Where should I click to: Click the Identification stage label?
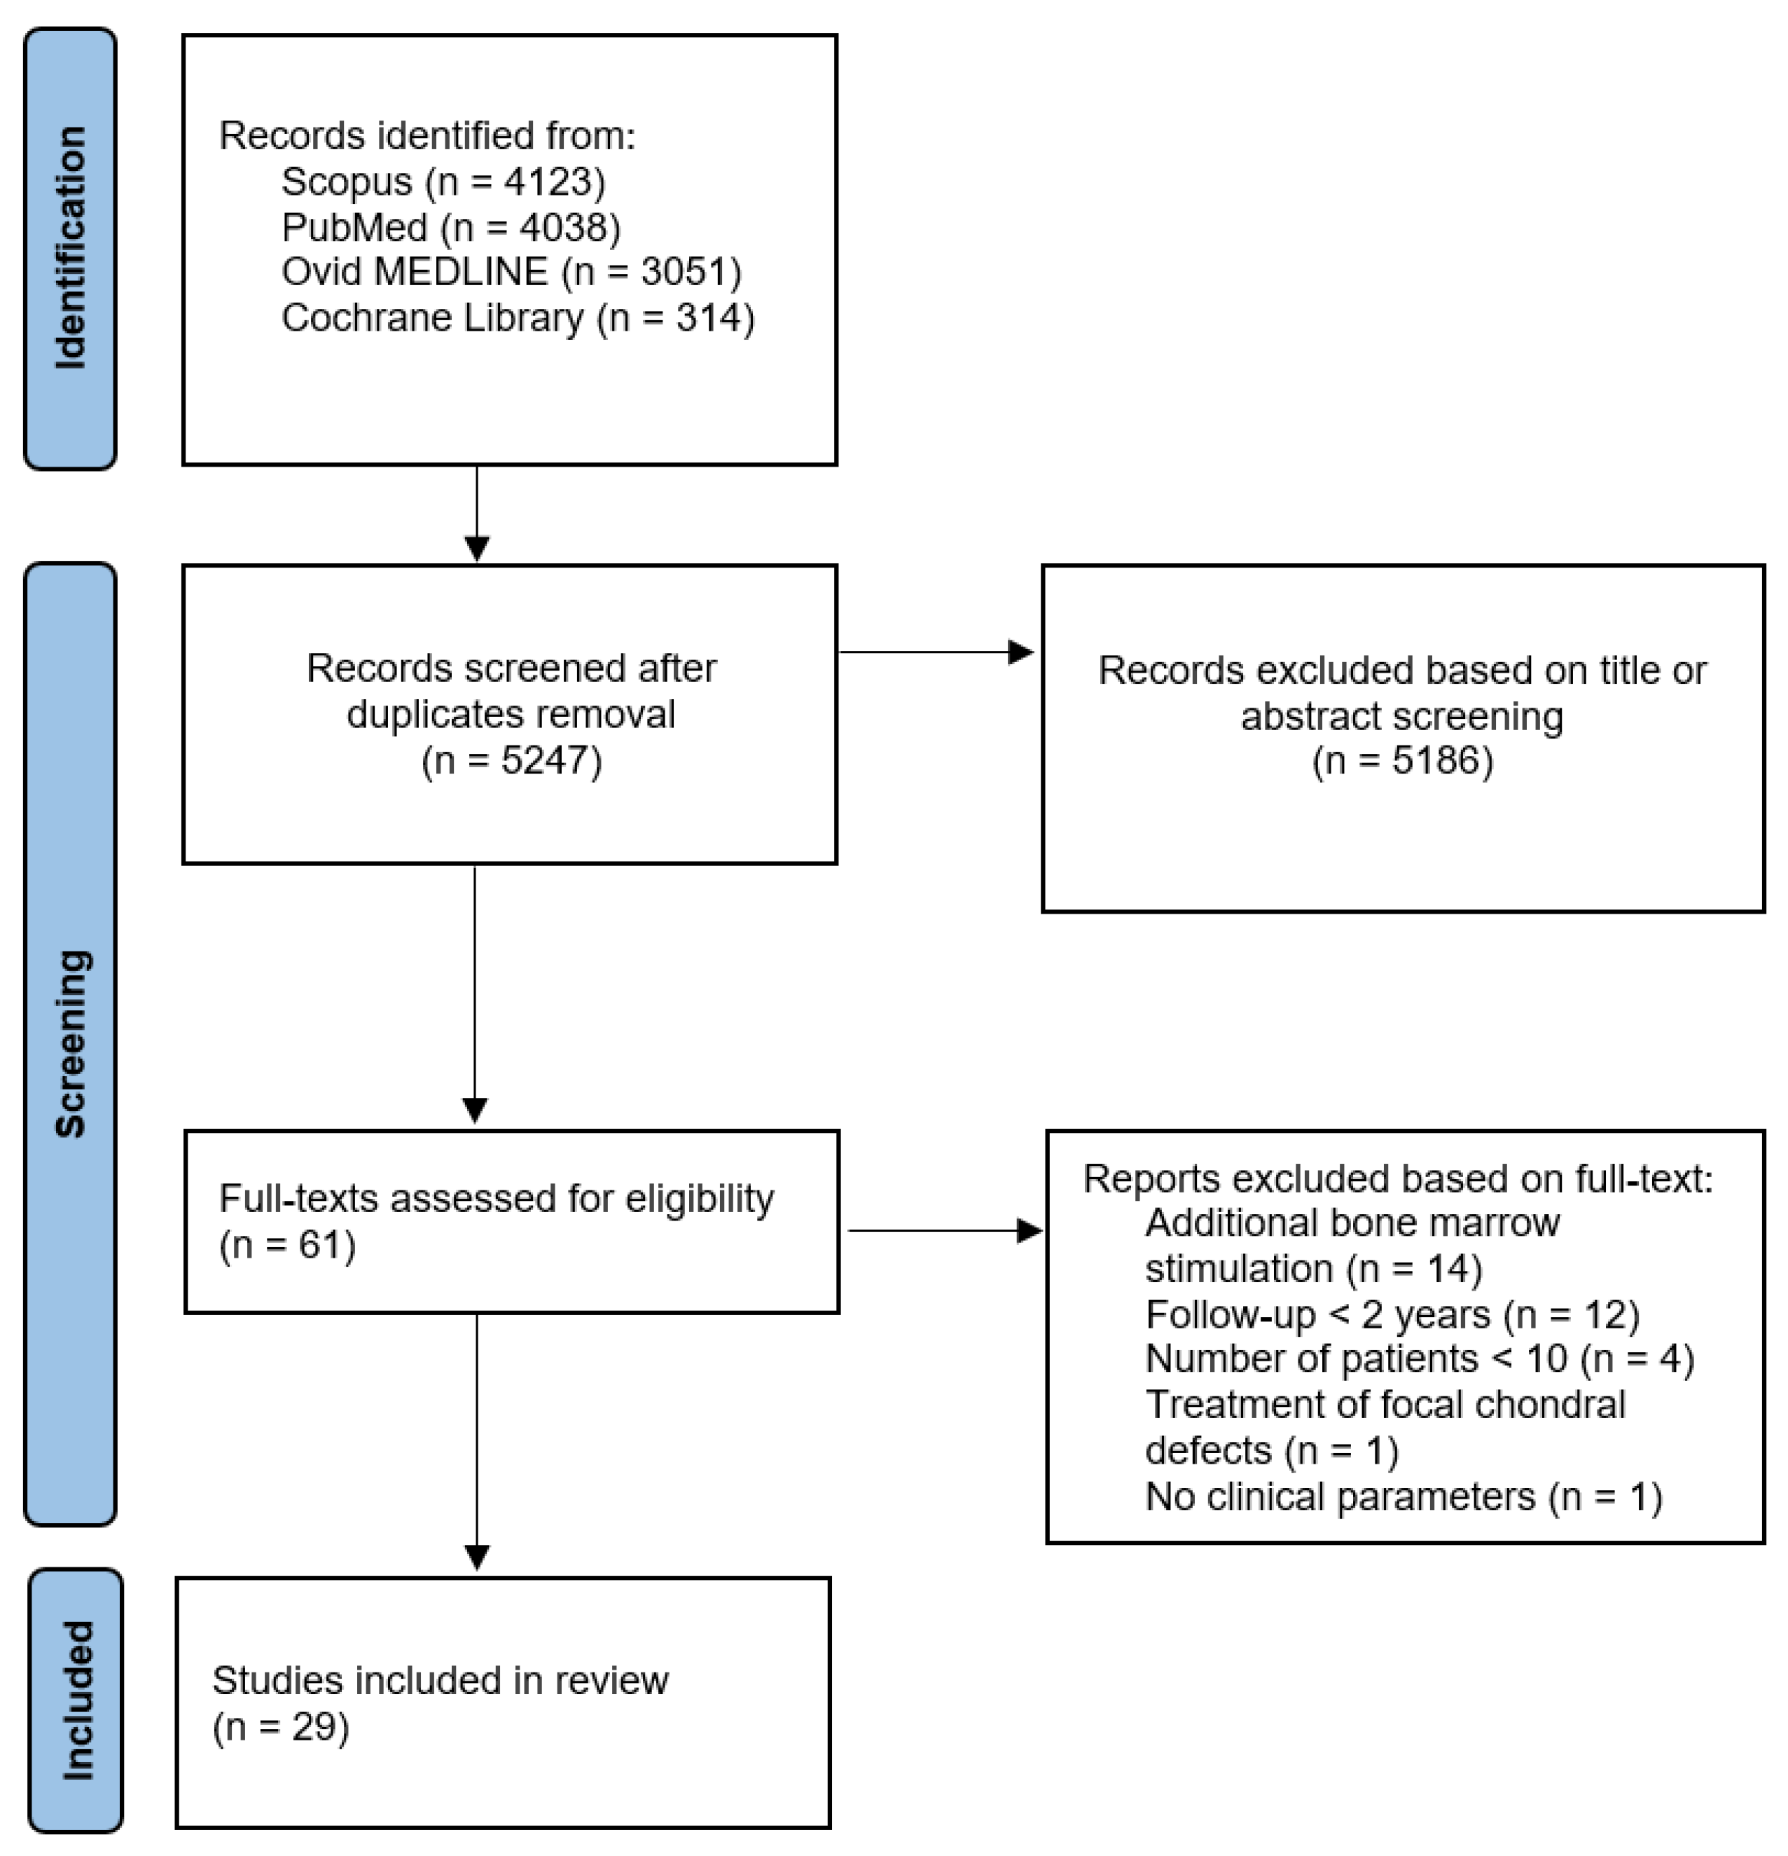point(70,247)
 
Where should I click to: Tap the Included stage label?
point(76,1700)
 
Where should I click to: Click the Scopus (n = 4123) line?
point(443,181)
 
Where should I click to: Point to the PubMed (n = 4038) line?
point(450,227)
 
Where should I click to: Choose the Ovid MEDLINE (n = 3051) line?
point(511,273)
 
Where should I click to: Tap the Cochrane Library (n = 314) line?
point(518,318)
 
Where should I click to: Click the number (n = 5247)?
point(511,760)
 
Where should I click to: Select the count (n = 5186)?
point(1403,760)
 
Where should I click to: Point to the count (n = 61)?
point(288,1244)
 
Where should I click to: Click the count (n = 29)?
point(281,1726)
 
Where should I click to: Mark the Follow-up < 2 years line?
point(1392,1314)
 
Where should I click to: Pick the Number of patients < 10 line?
point(1420,1359)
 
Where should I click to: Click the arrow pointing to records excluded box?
point(937,652)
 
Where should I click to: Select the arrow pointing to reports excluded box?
point(945,1230)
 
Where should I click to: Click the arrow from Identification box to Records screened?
point(477,514)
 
